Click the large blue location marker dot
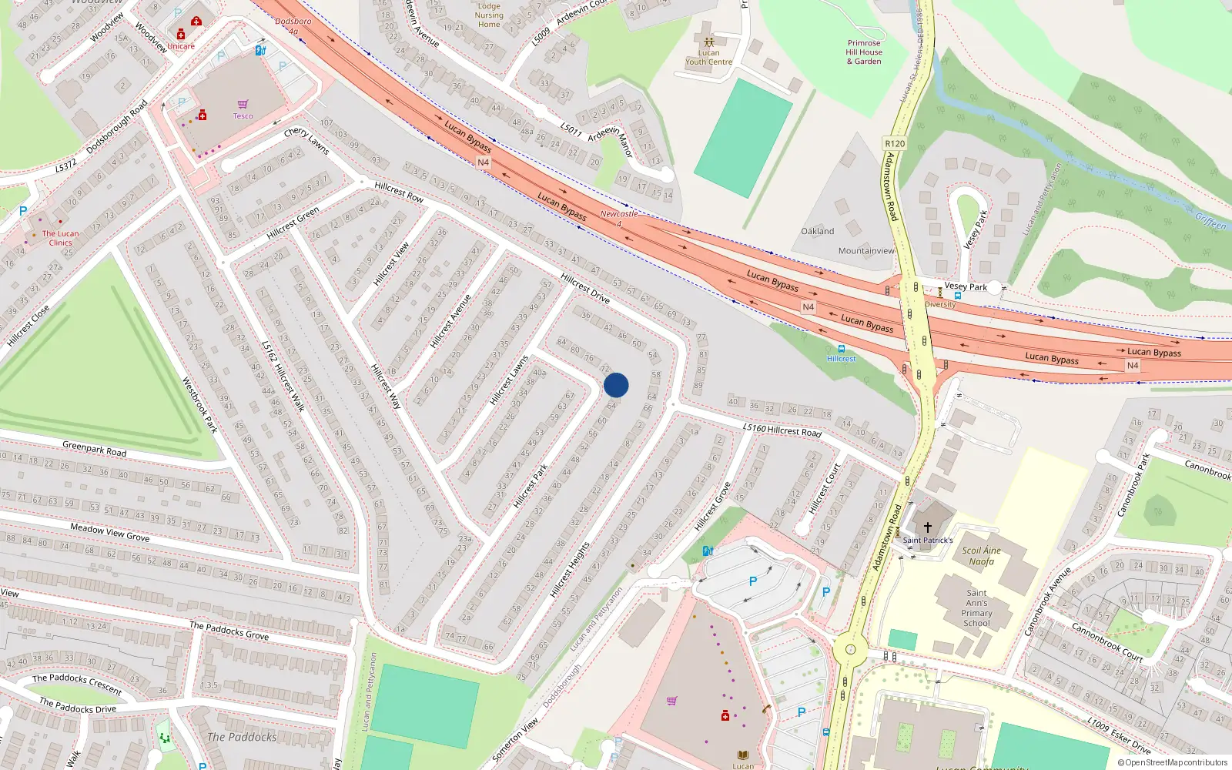tap(616, 385)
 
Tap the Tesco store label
tap(243, 116)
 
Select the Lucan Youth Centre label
tap(708, 57)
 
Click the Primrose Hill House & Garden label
tap(864, 52)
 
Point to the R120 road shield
tap(895, 144)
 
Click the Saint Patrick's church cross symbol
tap(928, 527)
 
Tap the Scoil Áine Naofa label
tap(982, 556)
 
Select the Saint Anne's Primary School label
tap(976, 608)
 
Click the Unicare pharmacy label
tap(181, 46)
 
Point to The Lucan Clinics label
tap(60, 238)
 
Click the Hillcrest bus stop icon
tap(841, 349)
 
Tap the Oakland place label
tap(817, 231)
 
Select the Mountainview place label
tap(866, 251)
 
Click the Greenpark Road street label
tap(94, 448)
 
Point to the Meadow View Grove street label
tap(109, 532)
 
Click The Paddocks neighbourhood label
tap(242, 737)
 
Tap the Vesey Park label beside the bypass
tap(966, 287)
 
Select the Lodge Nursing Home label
tap(489, 15)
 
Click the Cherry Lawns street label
tap(306, 141)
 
